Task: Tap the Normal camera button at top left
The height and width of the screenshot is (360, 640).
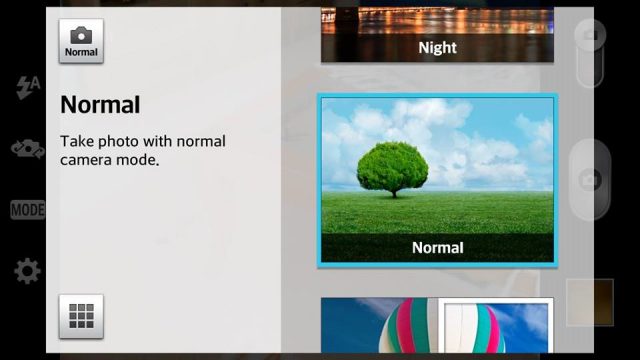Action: pos(81,41)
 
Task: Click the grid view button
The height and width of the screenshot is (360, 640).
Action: pos(81,316)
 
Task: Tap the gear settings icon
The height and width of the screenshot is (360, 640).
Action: pos(27,271)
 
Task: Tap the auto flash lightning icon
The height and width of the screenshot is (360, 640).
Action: pos(28,87)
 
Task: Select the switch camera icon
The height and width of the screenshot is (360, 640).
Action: pos(28,149)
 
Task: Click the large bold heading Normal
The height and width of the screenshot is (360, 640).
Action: pos(100,104)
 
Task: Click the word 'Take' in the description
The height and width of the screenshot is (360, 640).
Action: pos(77,141)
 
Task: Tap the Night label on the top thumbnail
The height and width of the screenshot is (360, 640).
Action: pos(437,48)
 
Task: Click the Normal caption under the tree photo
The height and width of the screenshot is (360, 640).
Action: pos(438,247)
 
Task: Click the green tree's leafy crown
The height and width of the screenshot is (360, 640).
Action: pos(393,166)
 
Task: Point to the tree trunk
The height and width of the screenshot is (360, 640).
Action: pos(394,193)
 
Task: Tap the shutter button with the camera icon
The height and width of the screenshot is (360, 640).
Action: pos(590,180)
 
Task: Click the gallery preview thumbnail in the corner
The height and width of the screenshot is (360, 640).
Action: pos(590,302)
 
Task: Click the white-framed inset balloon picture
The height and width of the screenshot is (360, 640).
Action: pos(496,325)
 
